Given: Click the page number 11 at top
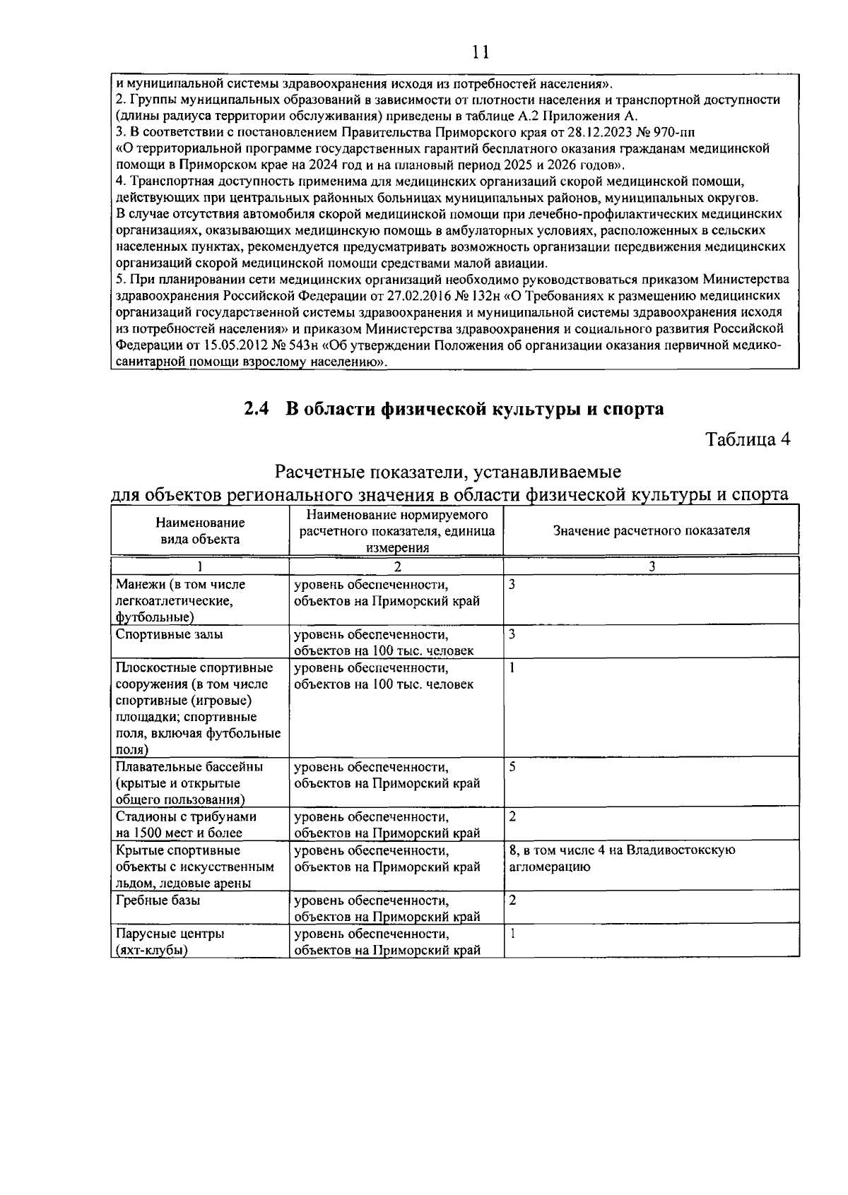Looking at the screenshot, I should point(481,53).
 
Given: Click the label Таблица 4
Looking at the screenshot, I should point(748,439).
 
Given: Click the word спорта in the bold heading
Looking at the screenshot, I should point(630,408).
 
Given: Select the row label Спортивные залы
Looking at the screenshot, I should point(169,634).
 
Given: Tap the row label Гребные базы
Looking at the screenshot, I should point(157,900).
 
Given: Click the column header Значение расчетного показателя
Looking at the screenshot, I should point(651,530).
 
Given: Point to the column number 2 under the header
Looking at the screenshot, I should point(397,566).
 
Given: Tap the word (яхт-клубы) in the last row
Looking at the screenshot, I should point(151,951).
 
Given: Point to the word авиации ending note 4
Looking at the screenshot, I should point(522,263).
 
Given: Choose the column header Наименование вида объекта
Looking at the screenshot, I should point(200,531).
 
